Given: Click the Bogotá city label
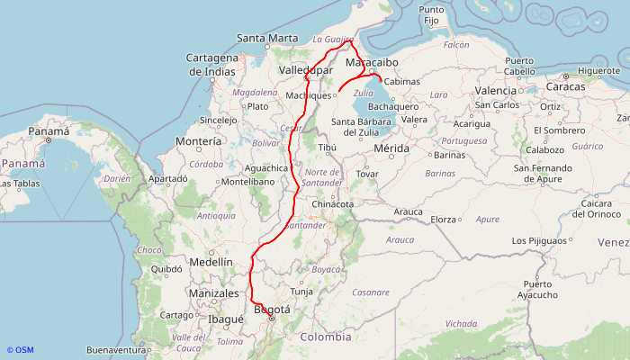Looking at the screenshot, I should coord(273,310).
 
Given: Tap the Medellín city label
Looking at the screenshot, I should coord(211,262).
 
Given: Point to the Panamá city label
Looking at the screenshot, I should coord(49,130).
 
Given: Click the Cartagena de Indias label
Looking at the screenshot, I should coord(211,64).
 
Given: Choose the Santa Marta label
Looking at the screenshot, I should coord(266,38).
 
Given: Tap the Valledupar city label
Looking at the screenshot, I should coord(306,69).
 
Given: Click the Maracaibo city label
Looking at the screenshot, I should coord(372,63).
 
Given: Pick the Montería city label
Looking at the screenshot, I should coord(199,141).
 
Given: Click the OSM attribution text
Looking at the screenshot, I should coord(20,350).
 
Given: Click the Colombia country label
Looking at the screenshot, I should coord(326,337).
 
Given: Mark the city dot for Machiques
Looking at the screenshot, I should coord(336,94).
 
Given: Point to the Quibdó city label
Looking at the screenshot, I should coord(166,268).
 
